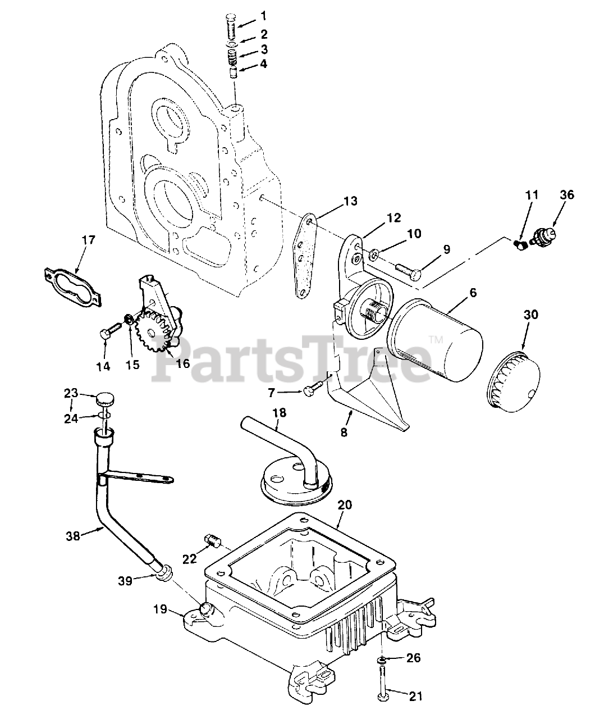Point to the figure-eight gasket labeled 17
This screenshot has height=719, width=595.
tap(73, 283)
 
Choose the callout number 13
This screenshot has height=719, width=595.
tap(350, 201)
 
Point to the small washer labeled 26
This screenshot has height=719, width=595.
tap(382, 658)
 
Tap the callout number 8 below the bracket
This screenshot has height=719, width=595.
tap(344, 433)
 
